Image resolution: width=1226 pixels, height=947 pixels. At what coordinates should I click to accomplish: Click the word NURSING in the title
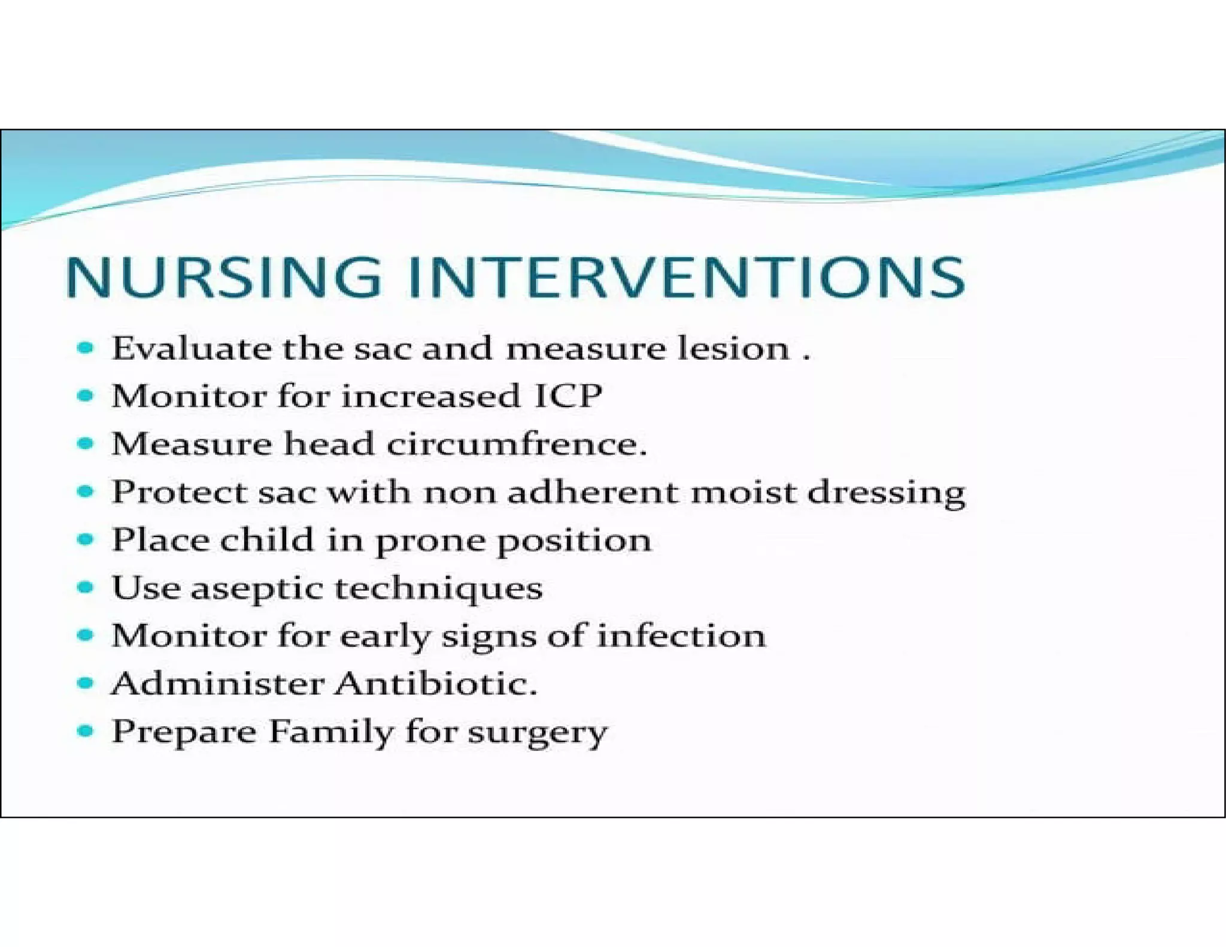[x=223, y=277]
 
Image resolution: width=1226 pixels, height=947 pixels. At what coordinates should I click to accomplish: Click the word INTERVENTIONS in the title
[x=685, y=277]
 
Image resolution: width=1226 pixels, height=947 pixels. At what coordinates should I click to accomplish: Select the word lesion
[x=733, y=348]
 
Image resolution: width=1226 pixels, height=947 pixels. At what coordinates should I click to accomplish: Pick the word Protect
[x=179, y=492]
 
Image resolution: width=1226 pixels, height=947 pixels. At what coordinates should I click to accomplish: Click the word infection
[x=681, y=636]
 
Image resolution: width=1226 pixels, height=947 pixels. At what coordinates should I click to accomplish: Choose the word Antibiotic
[x=435, y=684]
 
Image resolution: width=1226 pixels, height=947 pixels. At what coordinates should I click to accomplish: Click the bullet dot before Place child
[x=86, y=539]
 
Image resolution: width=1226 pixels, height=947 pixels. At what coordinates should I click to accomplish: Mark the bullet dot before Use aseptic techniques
[x=86, y=587]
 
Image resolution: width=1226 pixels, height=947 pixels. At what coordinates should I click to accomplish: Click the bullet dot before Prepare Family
[x=86, y=731]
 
